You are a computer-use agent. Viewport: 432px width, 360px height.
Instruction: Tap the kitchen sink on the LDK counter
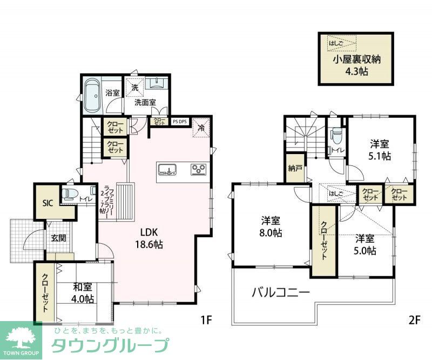(168, 170)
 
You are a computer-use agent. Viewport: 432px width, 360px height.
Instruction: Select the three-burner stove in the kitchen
(199, 170)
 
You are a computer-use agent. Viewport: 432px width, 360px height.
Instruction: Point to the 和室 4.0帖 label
(83, 292)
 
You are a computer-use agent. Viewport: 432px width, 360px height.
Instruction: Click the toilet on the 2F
(336, 135)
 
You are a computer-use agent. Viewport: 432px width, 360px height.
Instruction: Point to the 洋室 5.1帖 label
(380, 150)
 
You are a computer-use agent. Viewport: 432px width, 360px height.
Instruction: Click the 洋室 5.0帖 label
(366, 244)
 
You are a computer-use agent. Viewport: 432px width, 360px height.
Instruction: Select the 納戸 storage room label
(295, 168)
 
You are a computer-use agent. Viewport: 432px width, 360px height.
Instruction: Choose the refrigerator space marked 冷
(201, 128)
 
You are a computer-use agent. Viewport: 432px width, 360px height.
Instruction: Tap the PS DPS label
(180, 122)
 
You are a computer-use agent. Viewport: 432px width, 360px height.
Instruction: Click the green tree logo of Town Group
(21, 336)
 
